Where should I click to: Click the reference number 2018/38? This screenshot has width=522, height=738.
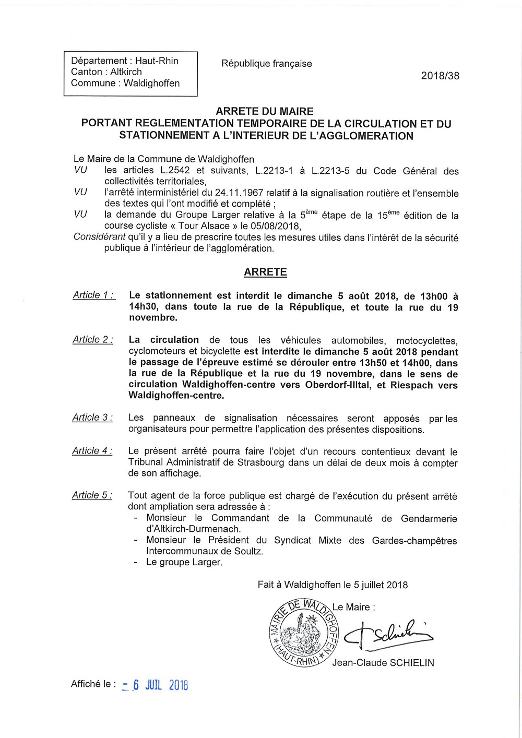pyautogui.click(x=440, y=76)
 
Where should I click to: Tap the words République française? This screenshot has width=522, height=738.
pyautogui.click(x=266, y=64)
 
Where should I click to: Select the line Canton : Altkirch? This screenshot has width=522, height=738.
pyautogui.click(x=106, y=72)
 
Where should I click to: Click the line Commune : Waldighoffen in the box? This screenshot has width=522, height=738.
pyautogui.click(x=125, y=84)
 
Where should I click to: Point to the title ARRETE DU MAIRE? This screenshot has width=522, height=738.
pyautogui.click(x=265, y=111)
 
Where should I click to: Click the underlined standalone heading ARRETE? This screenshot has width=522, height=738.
pyautogui.click(x=265, y=272)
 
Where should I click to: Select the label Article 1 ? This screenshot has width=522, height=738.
pyautogui.click(x=93, y=295)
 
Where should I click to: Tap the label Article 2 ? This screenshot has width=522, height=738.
pyautogui.click(x=92, y=340)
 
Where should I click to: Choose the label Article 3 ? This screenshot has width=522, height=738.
pyautogui.click(x=92, y=418)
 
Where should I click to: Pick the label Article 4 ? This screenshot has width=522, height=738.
pyautogui.click(x=92, y=451)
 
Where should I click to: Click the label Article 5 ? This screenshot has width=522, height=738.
pyautogui.click(x=92, y=495)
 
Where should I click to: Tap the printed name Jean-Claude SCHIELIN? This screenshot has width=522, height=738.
pyautogui.click(x=383, y=663)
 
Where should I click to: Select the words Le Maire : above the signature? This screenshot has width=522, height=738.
pyautogui.click(x=353, y=607)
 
